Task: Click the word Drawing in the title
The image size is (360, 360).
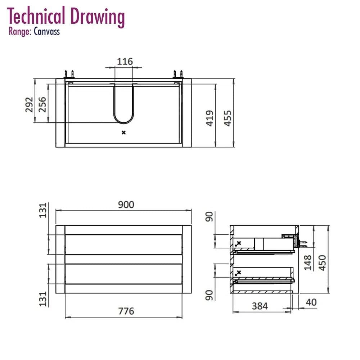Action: tap(98, 17)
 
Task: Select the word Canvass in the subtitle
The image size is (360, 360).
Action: tap(47, 31)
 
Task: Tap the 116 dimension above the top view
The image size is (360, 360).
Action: tap(125, 62)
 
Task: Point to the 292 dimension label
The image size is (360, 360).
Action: tap(29, 105)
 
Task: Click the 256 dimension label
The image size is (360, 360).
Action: tap(42, 104)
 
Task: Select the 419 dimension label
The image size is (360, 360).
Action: tap(210, 118)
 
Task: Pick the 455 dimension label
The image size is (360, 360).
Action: tap(228, 118)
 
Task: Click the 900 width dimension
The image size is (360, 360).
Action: tap(126, 204)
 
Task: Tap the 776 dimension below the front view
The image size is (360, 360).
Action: tap(126, 311)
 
